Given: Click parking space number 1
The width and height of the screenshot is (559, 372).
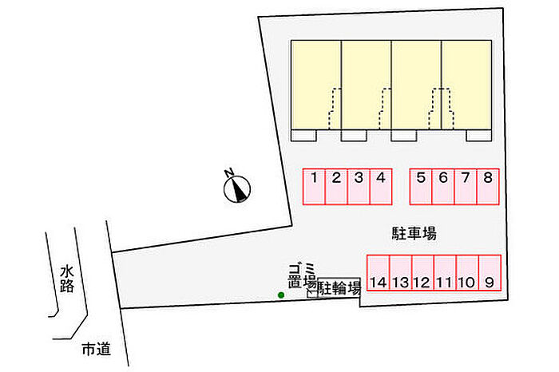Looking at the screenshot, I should click(x=315, y=186).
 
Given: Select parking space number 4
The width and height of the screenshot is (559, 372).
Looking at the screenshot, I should click(x=381, y=186).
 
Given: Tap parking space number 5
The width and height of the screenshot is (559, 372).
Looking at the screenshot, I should click(x=421, y=186).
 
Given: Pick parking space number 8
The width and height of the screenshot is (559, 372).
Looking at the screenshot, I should click(x=488, y=186).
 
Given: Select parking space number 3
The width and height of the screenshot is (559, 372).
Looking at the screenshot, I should click(x=359, y=186).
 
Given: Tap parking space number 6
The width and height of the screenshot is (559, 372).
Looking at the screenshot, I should click(x=443, y=186).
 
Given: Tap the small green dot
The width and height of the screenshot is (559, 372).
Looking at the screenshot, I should click(x=280, y=296).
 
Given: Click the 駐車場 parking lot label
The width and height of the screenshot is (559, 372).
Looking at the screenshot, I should click(x=413, y=234).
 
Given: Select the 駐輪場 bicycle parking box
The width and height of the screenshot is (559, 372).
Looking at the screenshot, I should click(x=339, y=288).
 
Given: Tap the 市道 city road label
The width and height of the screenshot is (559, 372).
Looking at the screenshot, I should click(x=95, y=349).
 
